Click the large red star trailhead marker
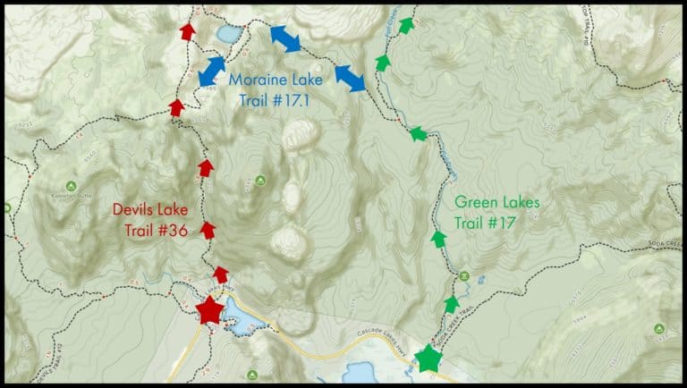[209, 310]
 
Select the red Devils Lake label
[150, 210]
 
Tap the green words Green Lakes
[496, 203]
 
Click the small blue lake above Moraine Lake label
[227, 34]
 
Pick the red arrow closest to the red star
[220, 274]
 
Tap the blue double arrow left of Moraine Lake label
[211, 71]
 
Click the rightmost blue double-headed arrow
[350, 79]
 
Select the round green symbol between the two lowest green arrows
[463, 275]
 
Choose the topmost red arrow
[186, 31]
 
